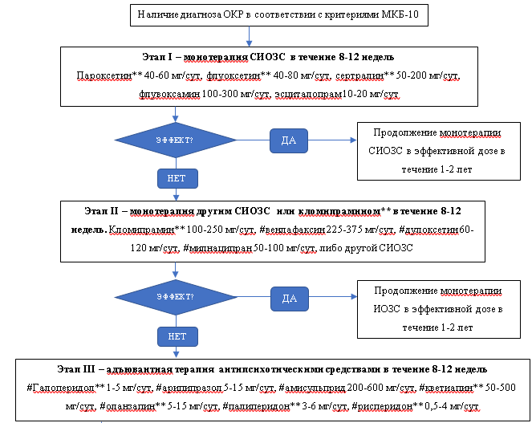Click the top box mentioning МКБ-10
pyautogui.click(x=250, y=14)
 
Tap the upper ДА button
pyautogui.click(x=289, y=140)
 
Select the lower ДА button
pyautogui.click(x=289, y=298)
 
